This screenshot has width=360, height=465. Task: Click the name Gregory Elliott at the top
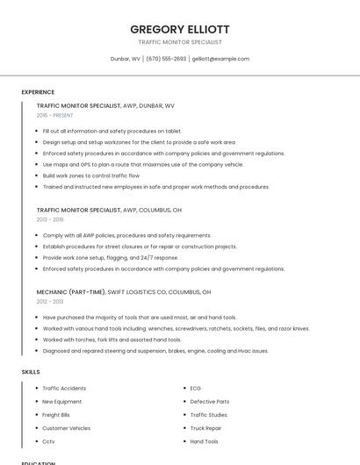(179, 29)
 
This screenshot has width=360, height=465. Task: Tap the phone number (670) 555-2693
(166, 59)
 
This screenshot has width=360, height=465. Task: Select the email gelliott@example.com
(220, 59)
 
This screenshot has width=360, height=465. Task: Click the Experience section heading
(38, 91)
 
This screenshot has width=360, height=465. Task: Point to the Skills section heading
(31, 372)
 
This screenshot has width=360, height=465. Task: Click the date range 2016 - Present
(54, 115)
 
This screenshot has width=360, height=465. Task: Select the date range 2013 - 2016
(50, 219)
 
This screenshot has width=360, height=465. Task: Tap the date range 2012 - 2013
(50, 301)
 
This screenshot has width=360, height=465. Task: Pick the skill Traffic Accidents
(64, 388)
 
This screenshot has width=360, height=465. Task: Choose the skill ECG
(196, 388)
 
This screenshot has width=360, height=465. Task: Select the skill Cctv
(48, 441)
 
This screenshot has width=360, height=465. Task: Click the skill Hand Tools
(205, 441)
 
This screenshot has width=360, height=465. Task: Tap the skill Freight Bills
(56, 414)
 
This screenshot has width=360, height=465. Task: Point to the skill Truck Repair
(206, 428)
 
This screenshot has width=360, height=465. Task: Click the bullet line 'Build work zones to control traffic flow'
(90, 175)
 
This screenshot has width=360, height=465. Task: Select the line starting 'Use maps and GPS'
(143, 164)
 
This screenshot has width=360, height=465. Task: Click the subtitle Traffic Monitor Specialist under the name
(179, 41)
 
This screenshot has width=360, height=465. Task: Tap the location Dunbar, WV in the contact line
(126, 59)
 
